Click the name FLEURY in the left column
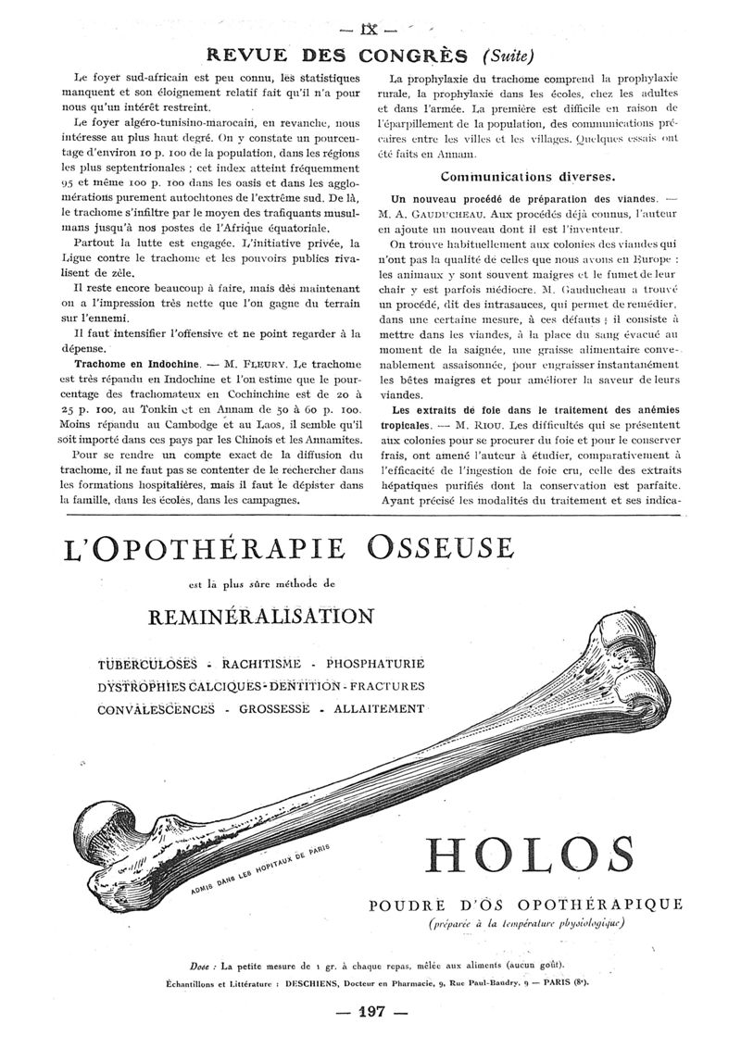tap(245, 363)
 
